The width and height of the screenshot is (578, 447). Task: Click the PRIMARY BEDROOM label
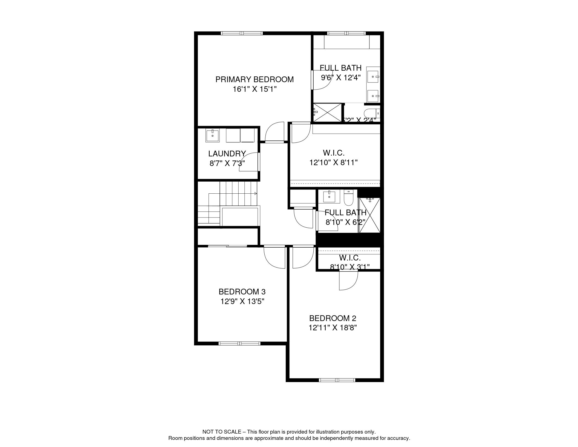254,79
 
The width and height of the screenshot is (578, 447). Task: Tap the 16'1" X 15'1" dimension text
255,89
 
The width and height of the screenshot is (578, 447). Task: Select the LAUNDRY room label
227,154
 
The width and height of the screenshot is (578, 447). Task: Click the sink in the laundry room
213,136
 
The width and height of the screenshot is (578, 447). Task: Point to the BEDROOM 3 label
242,292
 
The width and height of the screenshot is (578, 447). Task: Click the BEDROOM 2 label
333,318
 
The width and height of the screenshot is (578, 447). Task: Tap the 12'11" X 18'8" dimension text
333,328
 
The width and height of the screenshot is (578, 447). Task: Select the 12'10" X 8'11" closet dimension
333,163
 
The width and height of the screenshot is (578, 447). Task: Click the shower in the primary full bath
327,113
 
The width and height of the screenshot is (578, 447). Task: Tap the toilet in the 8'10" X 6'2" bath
349,198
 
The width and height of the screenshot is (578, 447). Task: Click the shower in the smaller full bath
369,215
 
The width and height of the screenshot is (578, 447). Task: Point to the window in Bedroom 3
239,343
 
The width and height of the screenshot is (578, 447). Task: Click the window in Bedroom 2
337,380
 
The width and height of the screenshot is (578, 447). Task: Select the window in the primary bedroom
242,33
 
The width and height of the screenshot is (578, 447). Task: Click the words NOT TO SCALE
221,432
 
